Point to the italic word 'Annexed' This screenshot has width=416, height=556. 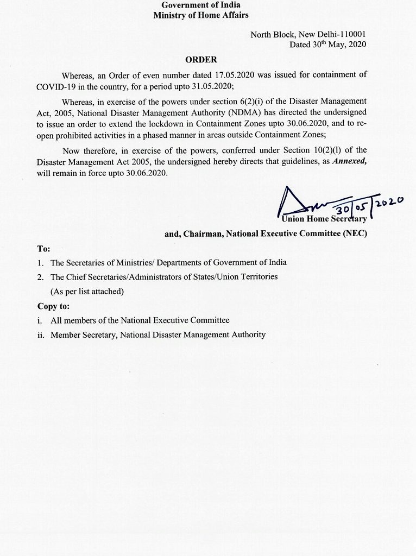[x=338, y=161]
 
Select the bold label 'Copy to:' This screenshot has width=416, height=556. [x=54, y=306]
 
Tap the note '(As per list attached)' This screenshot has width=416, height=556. [x=87, y=291]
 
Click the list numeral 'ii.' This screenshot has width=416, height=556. [x=41, y=335]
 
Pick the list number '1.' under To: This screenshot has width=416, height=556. [x=41, y=262]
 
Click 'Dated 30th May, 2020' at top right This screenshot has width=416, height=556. [x=328, y=46]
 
